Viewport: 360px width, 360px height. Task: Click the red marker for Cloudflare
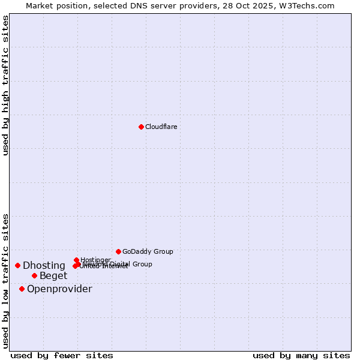(x=141, y=127)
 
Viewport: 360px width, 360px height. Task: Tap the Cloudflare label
(x=161, y=127)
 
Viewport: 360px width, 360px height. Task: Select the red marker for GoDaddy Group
(x=118, y=251)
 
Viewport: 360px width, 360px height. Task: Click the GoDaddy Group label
(x=148, y=251)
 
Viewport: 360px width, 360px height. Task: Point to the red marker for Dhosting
(x=18, y=265)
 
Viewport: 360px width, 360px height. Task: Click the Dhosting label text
(x=44, y=266)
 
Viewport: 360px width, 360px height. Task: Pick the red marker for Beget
(x=34, y=275)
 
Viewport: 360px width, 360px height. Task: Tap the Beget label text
(x=53, y=276)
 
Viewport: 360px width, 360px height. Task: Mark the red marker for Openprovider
(x=22, y=289)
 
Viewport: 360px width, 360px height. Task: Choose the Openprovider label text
(x=59, y=289)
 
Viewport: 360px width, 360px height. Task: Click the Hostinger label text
(x=95, y=260)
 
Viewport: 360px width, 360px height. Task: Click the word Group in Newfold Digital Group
(x=142, y=264)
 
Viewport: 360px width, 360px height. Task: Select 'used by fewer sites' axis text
(x=62, y=355)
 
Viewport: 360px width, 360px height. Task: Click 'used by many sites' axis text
(x=301, y=355)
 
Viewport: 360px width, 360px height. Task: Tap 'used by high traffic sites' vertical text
(x=5, y=85)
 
